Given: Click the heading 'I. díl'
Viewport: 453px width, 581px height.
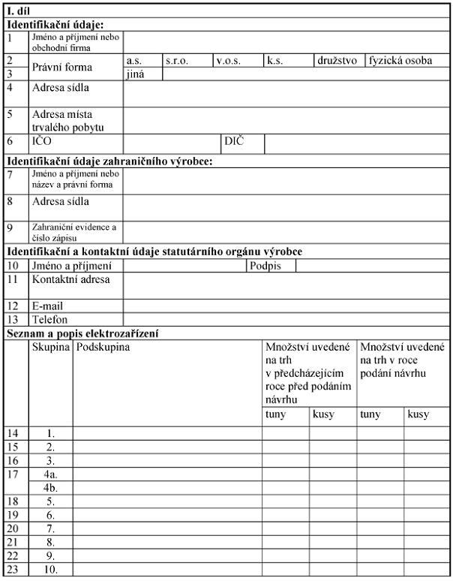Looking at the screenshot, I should (x=17, y=11).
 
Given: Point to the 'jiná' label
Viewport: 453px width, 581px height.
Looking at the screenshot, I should (x=136, y=74).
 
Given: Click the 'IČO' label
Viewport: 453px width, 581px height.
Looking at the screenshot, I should (x=41, y=141).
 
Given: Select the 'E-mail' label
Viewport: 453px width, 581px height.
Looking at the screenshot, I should (x=47, y=306).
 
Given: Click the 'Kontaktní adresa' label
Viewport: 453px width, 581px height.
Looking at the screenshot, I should (x=70, y=279).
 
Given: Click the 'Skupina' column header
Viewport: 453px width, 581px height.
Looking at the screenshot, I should (x=50, y=347).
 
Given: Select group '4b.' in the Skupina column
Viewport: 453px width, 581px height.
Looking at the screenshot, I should (x=50, y=487).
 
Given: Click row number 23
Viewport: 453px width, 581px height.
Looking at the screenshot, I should (x=13, y=569).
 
